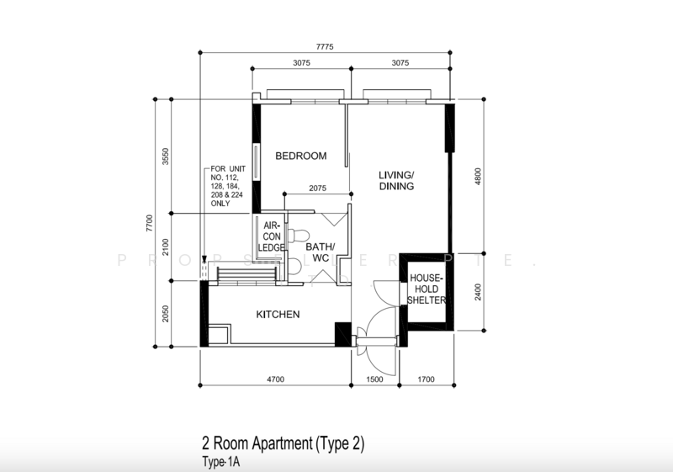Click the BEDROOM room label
point(300,156)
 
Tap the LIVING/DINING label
point(396,180)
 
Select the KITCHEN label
point(278,314)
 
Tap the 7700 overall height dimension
point(149,223)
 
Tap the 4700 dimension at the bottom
point(275,380)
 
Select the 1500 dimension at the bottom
point(376,380)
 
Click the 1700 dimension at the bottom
point(425,380)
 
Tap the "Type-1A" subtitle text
point(220,461)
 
